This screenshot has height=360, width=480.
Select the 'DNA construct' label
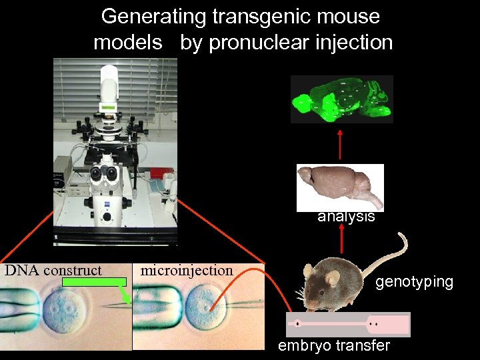coord(53,271)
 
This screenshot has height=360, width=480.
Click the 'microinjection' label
coord(187,271)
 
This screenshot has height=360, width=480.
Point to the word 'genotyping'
coord(414,282)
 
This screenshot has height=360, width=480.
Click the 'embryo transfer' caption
coord(334,346)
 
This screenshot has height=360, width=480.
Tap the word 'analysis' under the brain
coord(346,217)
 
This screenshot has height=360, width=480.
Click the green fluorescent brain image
coord(342,99)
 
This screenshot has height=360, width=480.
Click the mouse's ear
coord(309,271)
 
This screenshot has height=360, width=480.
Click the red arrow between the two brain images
coord(340,144)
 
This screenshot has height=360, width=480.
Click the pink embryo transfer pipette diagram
coord(348,324)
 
